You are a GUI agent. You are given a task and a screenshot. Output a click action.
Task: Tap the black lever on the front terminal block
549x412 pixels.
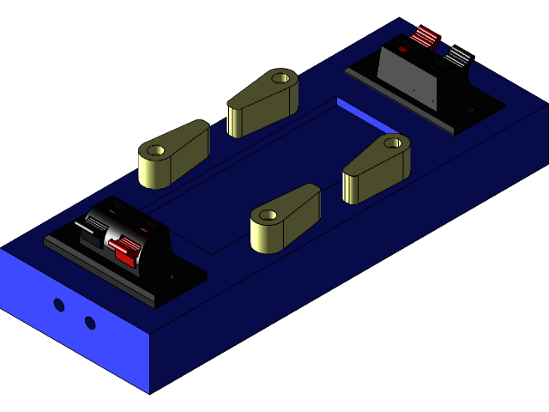click(93, 227)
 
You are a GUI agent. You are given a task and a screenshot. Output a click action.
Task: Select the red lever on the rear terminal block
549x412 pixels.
click(424, 37)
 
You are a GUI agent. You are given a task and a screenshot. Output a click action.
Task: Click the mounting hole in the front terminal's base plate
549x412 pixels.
click(171, 277)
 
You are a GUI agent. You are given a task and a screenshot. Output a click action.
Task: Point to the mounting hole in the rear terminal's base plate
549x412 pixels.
click(469, 111)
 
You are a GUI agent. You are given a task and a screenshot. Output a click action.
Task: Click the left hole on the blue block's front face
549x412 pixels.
click(58, 305)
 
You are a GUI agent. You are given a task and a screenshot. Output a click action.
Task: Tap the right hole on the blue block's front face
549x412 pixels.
click(90, 323)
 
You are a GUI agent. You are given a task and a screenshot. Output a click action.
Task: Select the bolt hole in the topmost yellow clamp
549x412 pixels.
click(280, 78)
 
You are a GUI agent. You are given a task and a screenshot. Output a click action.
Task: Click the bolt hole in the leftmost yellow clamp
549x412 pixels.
click(155, 151)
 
